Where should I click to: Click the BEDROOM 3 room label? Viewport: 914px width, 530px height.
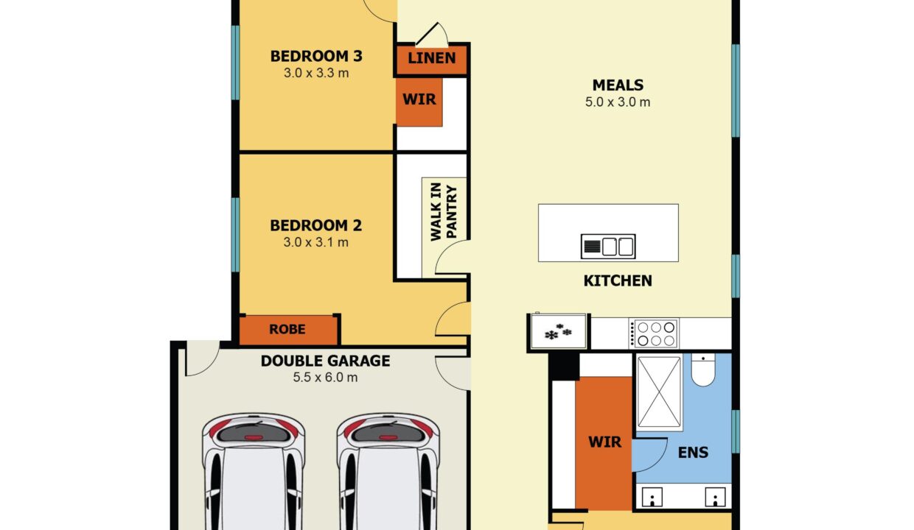(316, 56)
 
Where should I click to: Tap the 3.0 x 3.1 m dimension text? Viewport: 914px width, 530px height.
(316, 242)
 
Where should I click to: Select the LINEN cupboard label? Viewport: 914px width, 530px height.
(431, 58)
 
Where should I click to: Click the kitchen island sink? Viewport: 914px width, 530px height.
(608, 246)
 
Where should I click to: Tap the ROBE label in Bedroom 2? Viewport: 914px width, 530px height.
(287, 329)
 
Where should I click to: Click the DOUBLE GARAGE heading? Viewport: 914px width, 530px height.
(325, 361)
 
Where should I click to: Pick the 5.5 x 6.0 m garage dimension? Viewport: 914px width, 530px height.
(325, 378)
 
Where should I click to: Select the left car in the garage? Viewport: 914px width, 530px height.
(253, 471)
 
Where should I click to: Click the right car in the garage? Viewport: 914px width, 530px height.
(388, 471)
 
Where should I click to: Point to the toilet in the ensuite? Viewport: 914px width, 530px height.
(704, 370)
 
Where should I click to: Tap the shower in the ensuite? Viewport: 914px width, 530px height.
(659, 392)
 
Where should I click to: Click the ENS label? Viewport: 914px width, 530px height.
(693, 452)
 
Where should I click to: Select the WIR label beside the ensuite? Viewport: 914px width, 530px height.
(604, 442)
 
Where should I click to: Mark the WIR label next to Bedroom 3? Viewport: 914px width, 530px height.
(419, 99)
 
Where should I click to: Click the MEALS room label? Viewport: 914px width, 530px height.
(618, 85)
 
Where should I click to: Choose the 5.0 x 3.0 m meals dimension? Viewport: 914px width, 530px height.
(618, 102)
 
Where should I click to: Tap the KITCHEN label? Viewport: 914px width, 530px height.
(618, 280)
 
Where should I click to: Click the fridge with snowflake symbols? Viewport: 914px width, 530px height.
(558, 331)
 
